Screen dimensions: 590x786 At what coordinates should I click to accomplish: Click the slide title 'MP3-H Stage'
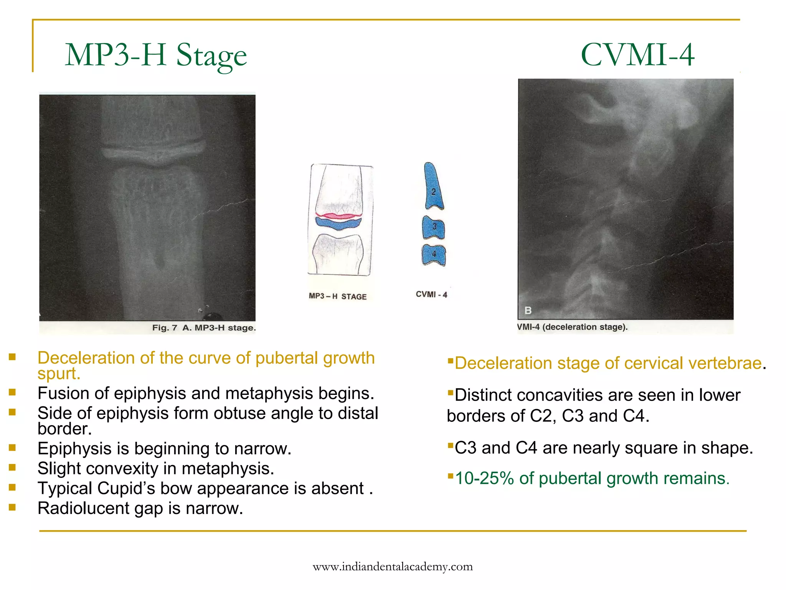coord(155,56)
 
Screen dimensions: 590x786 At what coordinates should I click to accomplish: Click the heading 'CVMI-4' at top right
coord(637,55)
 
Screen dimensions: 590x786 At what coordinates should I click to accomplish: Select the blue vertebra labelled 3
coord(434,227)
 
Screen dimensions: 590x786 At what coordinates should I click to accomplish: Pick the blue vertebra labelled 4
coord(434,255)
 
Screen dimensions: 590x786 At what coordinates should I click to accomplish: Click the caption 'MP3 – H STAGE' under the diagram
coord(337,297)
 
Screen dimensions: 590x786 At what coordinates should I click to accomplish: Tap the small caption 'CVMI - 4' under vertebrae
coord(431,295)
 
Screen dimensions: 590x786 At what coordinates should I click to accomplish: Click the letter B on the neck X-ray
coord(528,310)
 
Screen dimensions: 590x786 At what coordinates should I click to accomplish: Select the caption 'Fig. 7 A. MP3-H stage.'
coord(203,328)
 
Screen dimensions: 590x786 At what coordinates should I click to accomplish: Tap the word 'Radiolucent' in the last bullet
coord(84,509)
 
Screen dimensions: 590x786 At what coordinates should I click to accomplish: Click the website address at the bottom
coord(393,567)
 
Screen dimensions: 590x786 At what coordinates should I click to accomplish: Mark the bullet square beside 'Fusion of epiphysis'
coord(12,392)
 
